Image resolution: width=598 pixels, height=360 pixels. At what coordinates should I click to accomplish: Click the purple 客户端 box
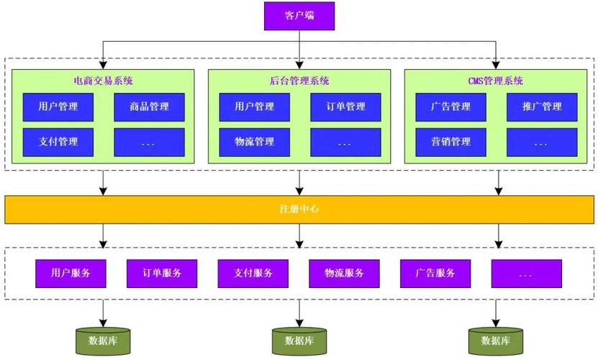[299, 16]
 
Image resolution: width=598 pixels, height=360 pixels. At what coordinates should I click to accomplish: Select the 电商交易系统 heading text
[103, 81]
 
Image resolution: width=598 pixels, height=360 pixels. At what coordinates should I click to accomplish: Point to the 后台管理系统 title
[299, 81]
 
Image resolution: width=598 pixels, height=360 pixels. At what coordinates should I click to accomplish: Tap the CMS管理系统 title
[496, 81]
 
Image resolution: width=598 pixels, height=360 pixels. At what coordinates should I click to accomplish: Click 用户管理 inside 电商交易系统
[58, 107]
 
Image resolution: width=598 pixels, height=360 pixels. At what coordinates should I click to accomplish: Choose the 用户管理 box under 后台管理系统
[255, 107]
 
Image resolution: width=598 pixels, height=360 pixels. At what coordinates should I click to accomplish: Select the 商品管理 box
[149, 107]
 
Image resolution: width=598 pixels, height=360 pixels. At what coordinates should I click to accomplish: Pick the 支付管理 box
[58, 142]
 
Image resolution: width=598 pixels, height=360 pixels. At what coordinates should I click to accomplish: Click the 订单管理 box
[345, 107]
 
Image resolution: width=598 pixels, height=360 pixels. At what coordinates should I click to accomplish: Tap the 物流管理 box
[255, 142]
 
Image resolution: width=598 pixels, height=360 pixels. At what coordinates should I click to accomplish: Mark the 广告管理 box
[451, 107]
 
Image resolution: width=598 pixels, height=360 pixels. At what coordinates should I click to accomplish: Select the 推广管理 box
[542, 107]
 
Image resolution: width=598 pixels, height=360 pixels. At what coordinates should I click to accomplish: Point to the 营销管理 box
[451, 142]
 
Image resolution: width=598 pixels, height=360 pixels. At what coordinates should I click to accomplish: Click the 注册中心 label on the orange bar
[299, 209]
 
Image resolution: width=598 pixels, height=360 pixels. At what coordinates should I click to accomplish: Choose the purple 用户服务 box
[71, 273]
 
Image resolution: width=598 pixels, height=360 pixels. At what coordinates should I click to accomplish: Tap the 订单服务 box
[162, 273]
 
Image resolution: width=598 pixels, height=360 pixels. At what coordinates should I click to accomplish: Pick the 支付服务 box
[253, 273]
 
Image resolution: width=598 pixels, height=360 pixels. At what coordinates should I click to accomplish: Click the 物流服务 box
[344, 273]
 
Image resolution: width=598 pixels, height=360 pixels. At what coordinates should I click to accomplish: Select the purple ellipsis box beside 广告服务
[525, 273]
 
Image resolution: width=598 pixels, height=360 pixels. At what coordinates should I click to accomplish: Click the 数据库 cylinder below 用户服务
[104, 340]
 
